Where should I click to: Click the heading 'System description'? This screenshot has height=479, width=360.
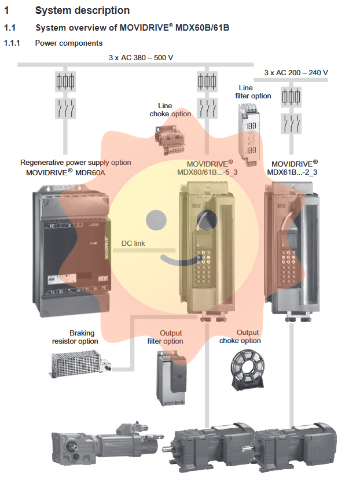click(82, 10)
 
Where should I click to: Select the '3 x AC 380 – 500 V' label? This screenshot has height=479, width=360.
click(141, 57)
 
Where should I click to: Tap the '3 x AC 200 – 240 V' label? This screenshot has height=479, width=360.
click(296, 73)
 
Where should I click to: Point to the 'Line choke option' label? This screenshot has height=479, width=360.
click(170, 110)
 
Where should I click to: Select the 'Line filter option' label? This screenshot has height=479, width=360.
click(253, 92)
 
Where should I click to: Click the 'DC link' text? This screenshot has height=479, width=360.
click(133, 244)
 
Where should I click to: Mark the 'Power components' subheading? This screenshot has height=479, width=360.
click(69, 43)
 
